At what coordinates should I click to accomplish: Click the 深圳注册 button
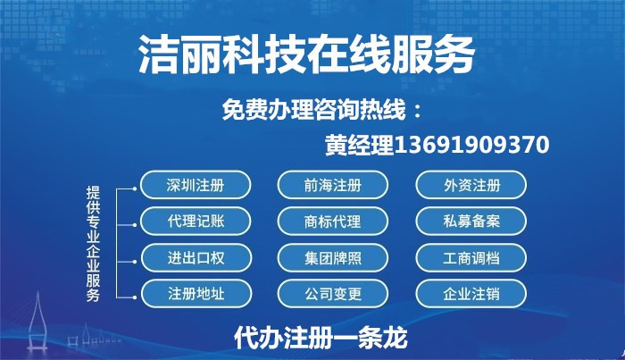(196, 185)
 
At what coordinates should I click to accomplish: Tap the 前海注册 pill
(332, 185)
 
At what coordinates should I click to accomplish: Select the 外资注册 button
(471, 185)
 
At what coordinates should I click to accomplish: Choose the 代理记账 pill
(196, 222)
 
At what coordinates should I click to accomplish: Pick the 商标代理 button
(332, 222)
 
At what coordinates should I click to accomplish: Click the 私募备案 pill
(471, 222)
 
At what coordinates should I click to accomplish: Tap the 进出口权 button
(196, 258)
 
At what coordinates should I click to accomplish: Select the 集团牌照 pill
(332, 258)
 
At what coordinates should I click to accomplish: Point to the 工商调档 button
(471, 258)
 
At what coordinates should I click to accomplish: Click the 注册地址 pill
(196, 294)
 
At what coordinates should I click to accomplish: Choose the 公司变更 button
(332, 294)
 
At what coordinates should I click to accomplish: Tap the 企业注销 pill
(471, 294)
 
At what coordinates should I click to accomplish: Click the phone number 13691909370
(472, 145)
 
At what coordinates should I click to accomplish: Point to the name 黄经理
(360, 145)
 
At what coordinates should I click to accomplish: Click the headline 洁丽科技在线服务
(306, 54)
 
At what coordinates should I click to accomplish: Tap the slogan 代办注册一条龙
(321, 338)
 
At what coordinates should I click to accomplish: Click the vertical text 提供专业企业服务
(93, 244)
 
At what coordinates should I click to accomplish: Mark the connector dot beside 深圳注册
(135, 188)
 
